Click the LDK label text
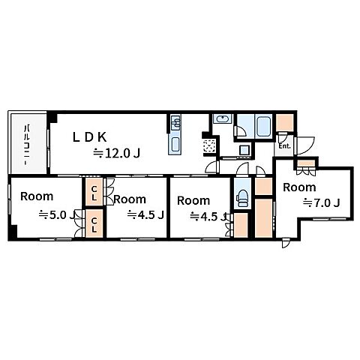tap(90, 137)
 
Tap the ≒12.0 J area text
tap(116, 153)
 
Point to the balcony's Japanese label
tap(27, 145)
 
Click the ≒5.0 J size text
tap(56, 215)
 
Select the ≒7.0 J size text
tap(322, 203)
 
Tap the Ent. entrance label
tap(284, 146)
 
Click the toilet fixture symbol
tap(242, 199)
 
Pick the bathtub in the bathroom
tap(264, 127)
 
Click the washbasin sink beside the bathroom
tap(223, 119)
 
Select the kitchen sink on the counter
tap(175, 122)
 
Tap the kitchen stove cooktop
tap(175, 145)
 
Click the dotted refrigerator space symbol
tap(209, 145)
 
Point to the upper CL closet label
tap(94, 193)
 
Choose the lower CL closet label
tap(94, 225)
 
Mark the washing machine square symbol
tap(244, 150)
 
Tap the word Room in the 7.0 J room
tap(299, 187)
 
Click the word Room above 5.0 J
tap(37, 196)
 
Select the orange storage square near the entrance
tap(284, 123)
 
